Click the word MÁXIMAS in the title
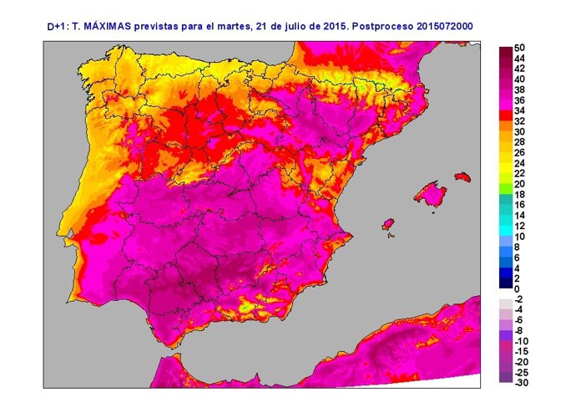pos(112,27)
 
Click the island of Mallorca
pos(431,193)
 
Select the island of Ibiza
pos(387,225)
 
